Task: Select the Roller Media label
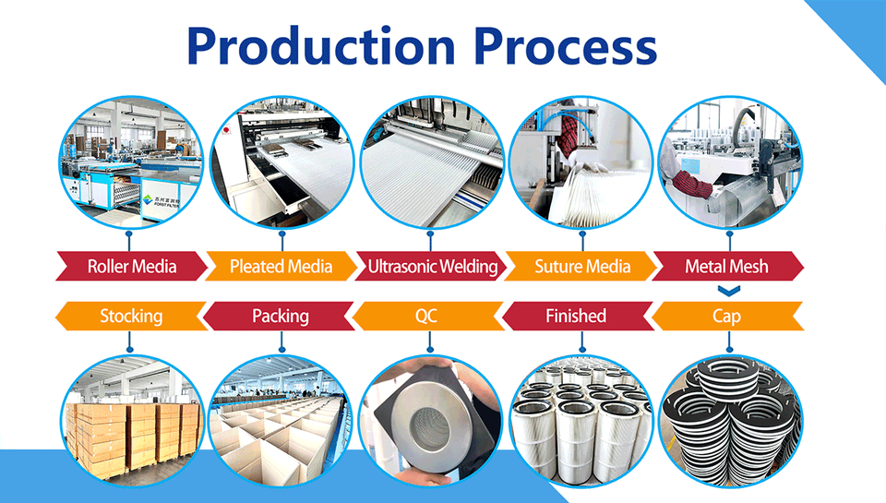pyautogui.click(x=131, y=268)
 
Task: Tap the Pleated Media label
pyautogui.click(x=281, y=268)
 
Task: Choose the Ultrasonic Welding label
pyautogui.click(x=432, y=268)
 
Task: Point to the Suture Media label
pyautogui.click(x=582, y=268)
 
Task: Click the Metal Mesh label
pyautogui.click(x=726, y=268)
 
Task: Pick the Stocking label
pyautogui.click(x=131, y=316)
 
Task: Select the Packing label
pyautogui.click(x=281, y=316)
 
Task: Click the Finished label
pyautogui.click(x=576, y=316)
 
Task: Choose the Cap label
pyautogui.click(x=726, y=316)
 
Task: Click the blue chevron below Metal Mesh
pyautogui.click(x=727, y=291)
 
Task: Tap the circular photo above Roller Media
pyautogui.click(x=131, y=162)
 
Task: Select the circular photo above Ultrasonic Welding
pyautogui.click(x=430, y=162)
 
